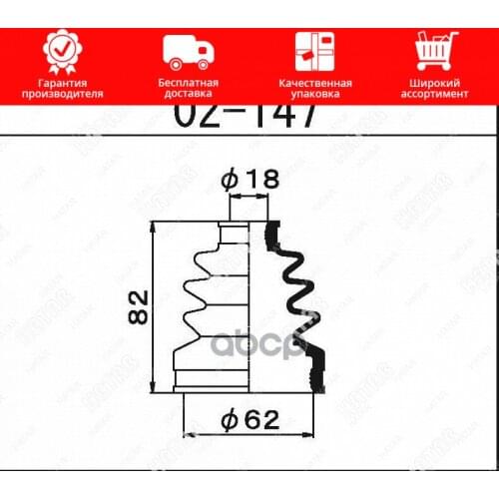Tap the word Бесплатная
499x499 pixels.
[186, 82]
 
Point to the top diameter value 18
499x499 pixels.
[261, 180]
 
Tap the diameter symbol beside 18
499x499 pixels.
[230, 180]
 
